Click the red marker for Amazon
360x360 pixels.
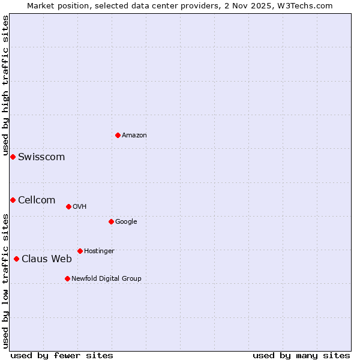coord(118,135)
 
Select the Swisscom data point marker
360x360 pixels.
coord(13,157)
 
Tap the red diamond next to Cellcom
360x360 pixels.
coord(13,200)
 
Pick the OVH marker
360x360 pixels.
coord(68,206)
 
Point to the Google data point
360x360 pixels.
coord(111,221)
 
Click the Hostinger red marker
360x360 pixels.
coord(80,251)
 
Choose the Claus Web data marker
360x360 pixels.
coord(16,259)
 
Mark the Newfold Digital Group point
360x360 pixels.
coord(67,278)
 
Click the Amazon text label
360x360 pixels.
coord(134,136)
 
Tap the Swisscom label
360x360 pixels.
coord(41,157)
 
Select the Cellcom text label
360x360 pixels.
coord(37,200)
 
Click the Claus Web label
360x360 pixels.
coord(47,259)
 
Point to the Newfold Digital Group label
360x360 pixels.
coord(106,279)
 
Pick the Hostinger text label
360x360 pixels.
coord(99,251)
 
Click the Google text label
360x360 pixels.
coord(126,222)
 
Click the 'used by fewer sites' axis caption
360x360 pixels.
coord(62,356)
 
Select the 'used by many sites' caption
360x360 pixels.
coord(301,356)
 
